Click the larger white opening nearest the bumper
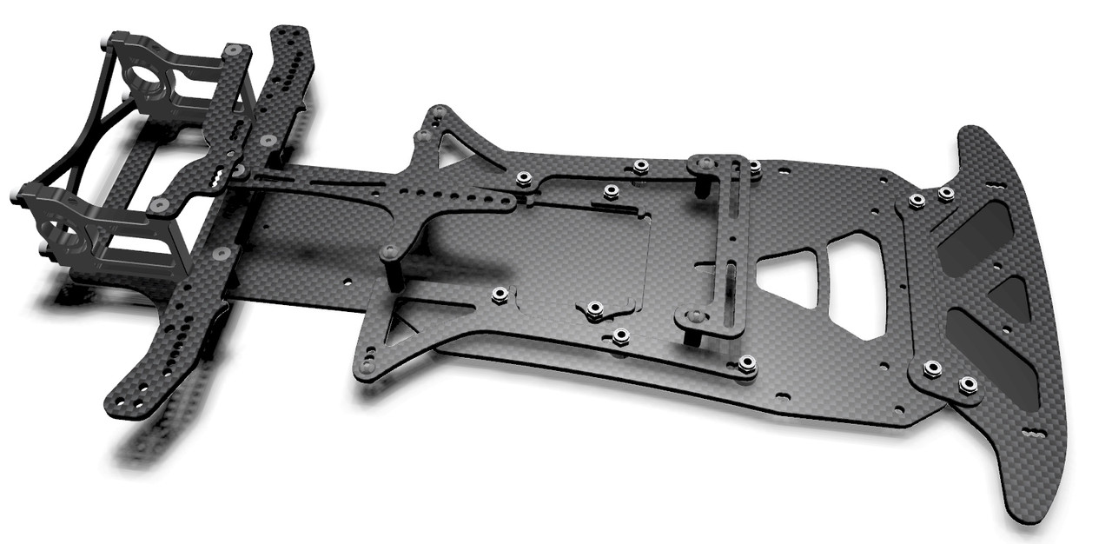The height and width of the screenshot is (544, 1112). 856,282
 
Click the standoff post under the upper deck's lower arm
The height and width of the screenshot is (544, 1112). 390,269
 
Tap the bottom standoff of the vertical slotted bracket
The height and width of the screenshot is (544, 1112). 695,326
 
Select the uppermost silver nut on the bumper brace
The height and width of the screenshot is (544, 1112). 946,193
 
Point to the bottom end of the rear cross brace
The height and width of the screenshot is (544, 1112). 122,400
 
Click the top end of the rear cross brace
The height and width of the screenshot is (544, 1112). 291,39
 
